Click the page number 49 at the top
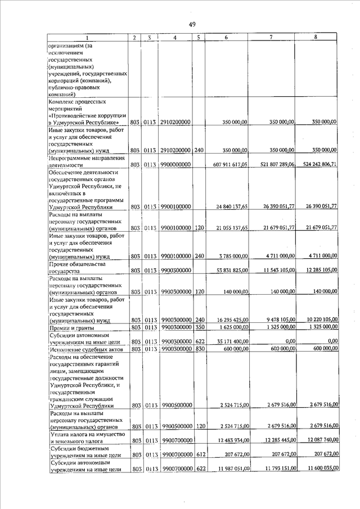point(192,24)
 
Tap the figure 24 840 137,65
point(232,208)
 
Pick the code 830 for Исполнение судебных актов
point(199,349)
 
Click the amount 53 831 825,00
point(232,271)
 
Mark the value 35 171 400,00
point(232,341)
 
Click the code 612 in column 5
point(199,456)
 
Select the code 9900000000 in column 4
point(175,165)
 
